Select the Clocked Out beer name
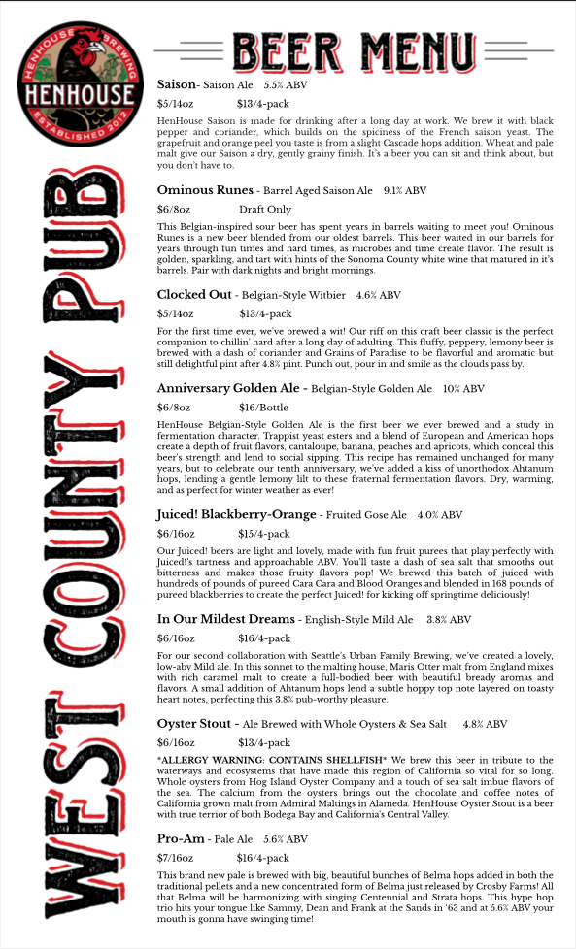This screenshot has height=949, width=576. point(194,295)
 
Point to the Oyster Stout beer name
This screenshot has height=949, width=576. point(194,724)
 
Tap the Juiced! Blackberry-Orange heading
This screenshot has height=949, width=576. point(236,514)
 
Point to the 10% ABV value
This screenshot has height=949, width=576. point(463,389)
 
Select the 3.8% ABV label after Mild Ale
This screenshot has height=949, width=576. point(449,620)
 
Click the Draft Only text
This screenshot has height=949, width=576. point(265,210)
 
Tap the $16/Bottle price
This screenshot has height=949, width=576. point(263,408)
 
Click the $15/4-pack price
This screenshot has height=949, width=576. point(264,534)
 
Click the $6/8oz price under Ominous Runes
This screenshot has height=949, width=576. point(173,210)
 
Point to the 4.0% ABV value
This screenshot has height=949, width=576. point(439,515)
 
